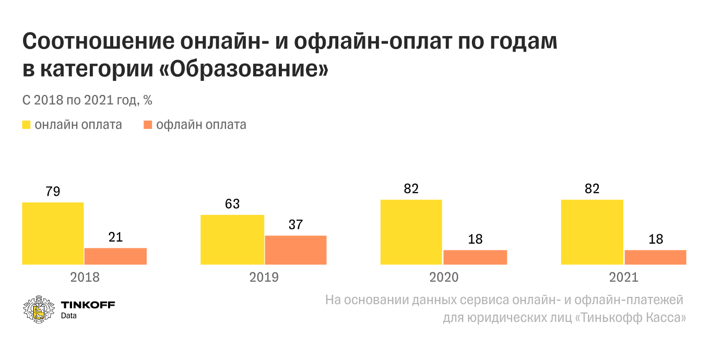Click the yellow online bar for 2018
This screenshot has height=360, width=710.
pyautogui.click(x=53, y=233)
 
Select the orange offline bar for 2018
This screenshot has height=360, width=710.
pyautogui.click(x=115, y=256)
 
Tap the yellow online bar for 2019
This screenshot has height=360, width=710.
pyautogui.click(x=232, y=239)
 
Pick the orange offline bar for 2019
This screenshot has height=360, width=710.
pyautogui.click(x=295, y=250)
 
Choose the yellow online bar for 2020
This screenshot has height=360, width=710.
pyautogui.click(x=411, y=232)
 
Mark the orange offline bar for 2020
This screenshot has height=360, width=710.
pyautogui.click(x=475, y=257)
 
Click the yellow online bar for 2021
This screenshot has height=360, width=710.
pyautogui.click(x=592, y=232)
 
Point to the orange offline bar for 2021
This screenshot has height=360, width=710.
pyautogui.click(x=655, y=257)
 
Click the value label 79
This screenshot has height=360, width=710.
pyautogui.click(x=53, y=191)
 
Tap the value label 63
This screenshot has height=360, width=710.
pyautogui.click(x=232, y=204)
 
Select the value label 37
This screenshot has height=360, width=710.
pyautogui.click(x=295, y=225)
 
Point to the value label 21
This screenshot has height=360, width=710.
pyautogui.click(x=115, y=237)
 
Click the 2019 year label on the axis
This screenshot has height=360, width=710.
pyautogui.click(x=264, y=277)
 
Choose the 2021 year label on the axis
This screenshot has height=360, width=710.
pyautogui.click(x=623, y=277)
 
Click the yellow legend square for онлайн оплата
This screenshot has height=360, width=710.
pyautogui.click(x=27, y=125)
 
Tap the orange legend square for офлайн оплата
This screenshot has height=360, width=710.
pyautogui.click(x=148, y=125)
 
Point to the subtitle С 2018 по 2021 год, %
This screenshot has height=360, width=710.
pyautogui.click(x=87, y=100)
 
